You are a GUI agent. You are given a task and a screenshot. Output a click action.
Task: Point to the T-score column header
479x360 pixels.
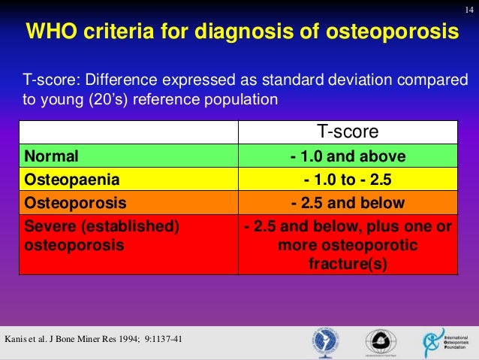click(348, 132)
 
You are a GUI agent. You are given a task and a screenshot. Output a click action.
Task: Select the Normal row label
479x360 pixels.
click(52, 156)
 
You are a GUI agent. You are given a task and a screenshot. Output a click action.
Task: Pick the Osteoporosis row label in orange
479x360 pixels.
click(76, 203)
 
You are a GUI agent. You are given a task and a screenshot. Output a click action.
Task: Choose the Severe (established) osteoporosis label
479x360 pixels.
click(102, 236)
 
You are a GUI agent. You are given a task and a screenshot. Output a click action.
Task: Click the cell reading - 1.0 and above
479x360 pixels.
click(348, 156)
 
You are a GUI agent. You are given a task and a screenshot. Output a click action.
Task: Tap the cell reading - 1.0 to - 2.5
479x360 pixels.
click(348, 180)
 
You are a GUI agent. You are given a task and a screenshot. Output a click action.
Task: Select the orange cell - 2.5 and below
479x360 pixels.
click(348, 203)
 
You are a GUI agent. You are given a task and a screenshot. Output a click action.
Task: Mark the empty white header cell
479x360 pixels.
click(128, 132)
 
